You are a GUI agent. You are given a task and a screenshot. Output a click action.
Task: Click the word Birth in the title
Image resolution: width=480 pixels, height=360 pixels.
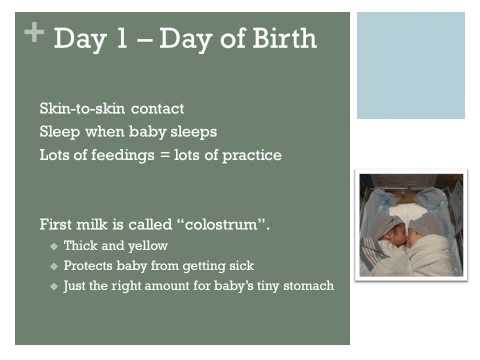(280, 39)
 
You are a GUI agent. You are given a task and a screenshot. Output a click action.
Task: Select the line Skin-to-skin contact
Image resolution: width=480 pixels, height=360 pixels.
(111, 108)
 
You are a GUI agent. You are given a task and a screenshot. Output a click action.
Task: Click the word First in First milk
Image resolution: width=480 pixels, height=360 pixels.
(56, 222)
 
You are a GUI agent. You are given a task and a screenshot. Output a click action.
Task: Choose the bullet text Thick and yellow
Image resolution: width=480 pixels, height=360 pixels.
(115, 245)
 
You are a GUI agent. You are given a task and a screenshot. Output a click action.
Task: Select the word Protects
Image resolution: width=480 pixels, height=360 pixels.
(89, 265)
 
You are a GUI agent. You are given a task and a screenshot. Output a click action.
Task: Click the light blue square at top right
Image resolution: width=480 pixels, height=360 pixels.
(411, 65)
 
